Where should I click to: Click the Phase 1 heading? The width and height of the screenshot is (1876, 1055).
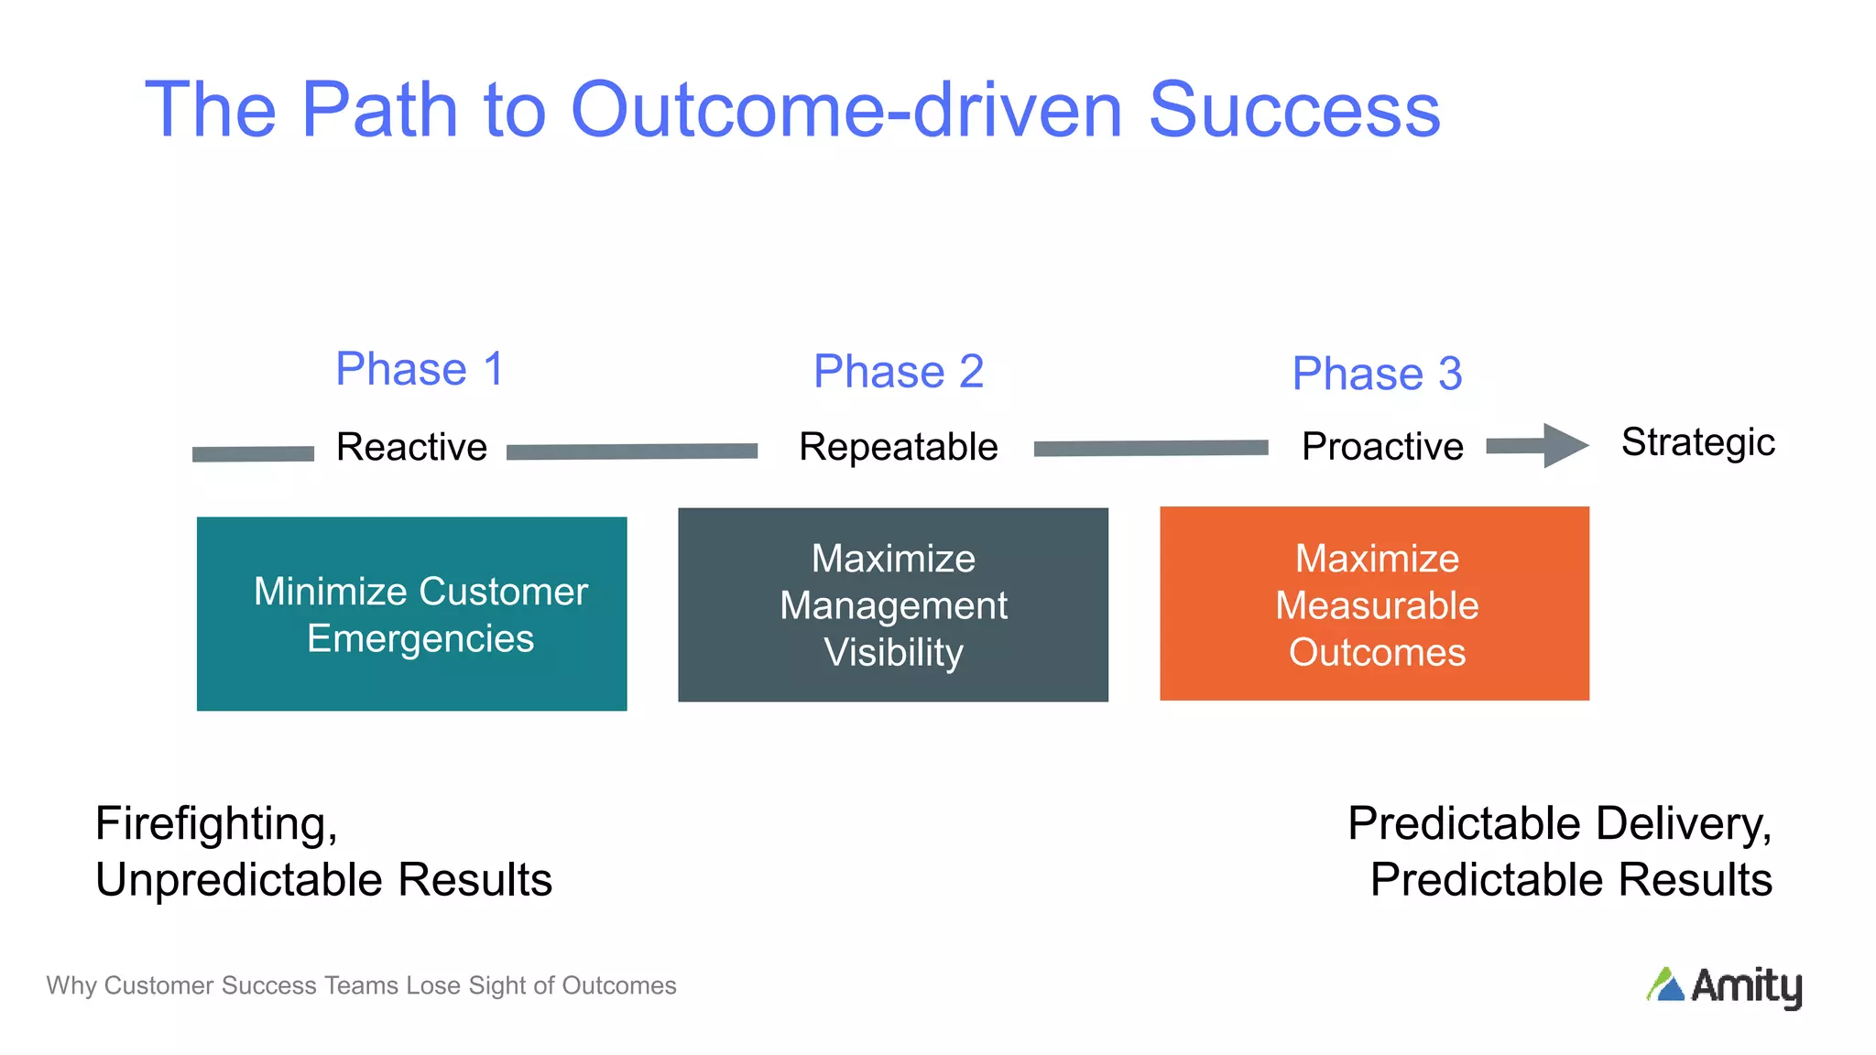(x=420, y=369)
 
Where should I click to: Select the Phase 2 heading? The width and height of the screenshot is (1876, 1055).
(x=898, y=372)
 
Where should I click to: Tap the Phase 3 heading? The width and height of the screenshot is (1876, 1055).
(x=1377, y=374)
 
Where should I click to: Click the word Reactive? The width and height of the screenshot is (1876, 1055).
(x=411, y=448)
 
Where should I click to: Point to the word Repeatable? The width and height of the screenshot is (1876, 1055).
(x=898, y=448)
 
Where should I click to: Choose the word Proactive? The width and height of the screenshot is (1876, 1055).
(x=1382, y=447)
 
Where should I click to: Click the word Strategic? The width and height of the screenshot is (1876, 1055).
(x=1697, y=442)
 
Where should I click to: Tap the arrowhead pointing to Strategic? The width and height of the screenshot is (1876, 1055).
(x=1564, y=446)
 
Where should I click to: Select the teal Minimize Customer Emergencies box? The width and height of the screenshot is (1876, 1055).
(x=411, y=614)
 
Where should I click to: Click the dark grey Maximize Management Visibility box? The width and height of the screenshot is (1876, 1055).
(x=892, y=605)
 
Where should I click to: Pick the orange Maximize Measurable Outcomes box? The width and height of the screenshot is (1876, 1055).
(x=1374, y=604)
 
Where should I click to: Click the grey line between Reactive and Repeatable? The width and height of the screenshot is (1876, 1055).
(x=632, y=451)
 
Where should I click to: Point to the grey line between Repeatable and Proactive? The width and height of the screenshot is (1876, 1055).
(x=1151, y=448)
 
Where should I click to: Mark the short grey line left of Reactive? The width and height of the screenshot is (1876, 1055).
(x=253, y=454)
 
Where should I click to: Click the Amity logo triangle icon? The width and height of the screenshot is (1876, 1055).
(x=1666, y=985)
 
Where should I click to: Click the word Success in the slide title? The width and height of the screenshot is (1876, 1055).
(x=1294, y=110)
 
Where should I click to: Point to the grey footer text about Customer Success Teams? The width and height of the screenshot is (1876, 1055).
(x=361, y=985)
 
